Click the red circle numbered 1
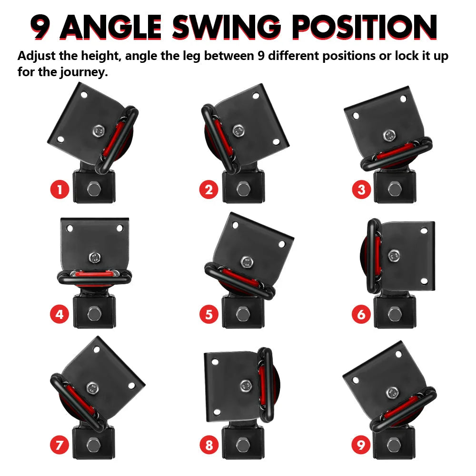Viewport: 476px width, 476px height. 59,190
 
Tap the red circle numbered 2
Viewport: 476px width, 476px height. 208,190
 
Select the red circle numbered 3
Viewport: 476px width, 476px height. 361,190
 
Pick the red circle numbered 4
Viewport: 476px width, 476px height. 59,314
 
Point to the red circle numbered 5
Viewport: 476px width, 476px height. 208,314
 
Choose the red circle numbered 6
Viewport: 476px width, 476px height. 361,314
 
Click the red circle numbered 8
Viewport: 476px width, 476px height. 208,446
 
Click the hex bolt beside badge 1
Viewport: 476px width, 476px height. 93,190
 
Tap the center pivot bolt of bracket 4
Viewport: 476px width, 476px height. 94,258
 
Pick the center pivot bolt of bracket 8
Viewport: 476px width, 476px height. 246,385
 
